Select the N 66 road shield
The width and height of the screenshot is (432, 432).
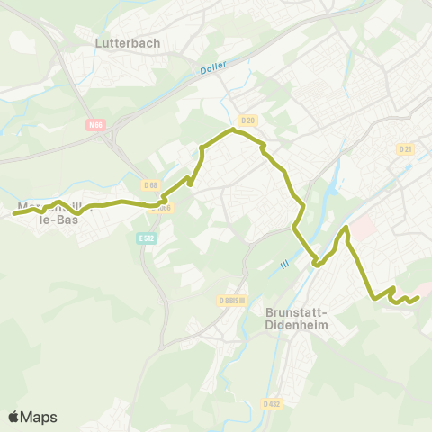96,125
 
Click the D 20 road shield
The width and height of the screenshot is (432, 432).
248,119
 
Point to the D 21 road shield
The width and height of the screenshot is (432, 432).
405,149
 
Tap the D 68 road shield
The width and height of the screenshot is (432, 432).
150,185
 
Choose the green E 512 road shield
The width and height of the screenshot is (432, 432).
146,238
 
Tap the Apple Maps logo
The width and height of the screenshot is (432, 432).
32,417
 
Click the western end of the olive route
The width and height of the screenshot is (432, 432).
14,213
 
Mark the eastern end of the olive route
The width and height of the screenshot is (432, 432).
418,298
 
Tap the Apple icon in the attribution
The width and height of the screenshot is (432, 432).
13,417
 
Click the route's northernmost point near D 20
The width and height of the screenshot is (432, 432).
232,130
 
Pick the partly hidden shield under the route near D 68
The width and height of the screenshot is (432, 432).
163,206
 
